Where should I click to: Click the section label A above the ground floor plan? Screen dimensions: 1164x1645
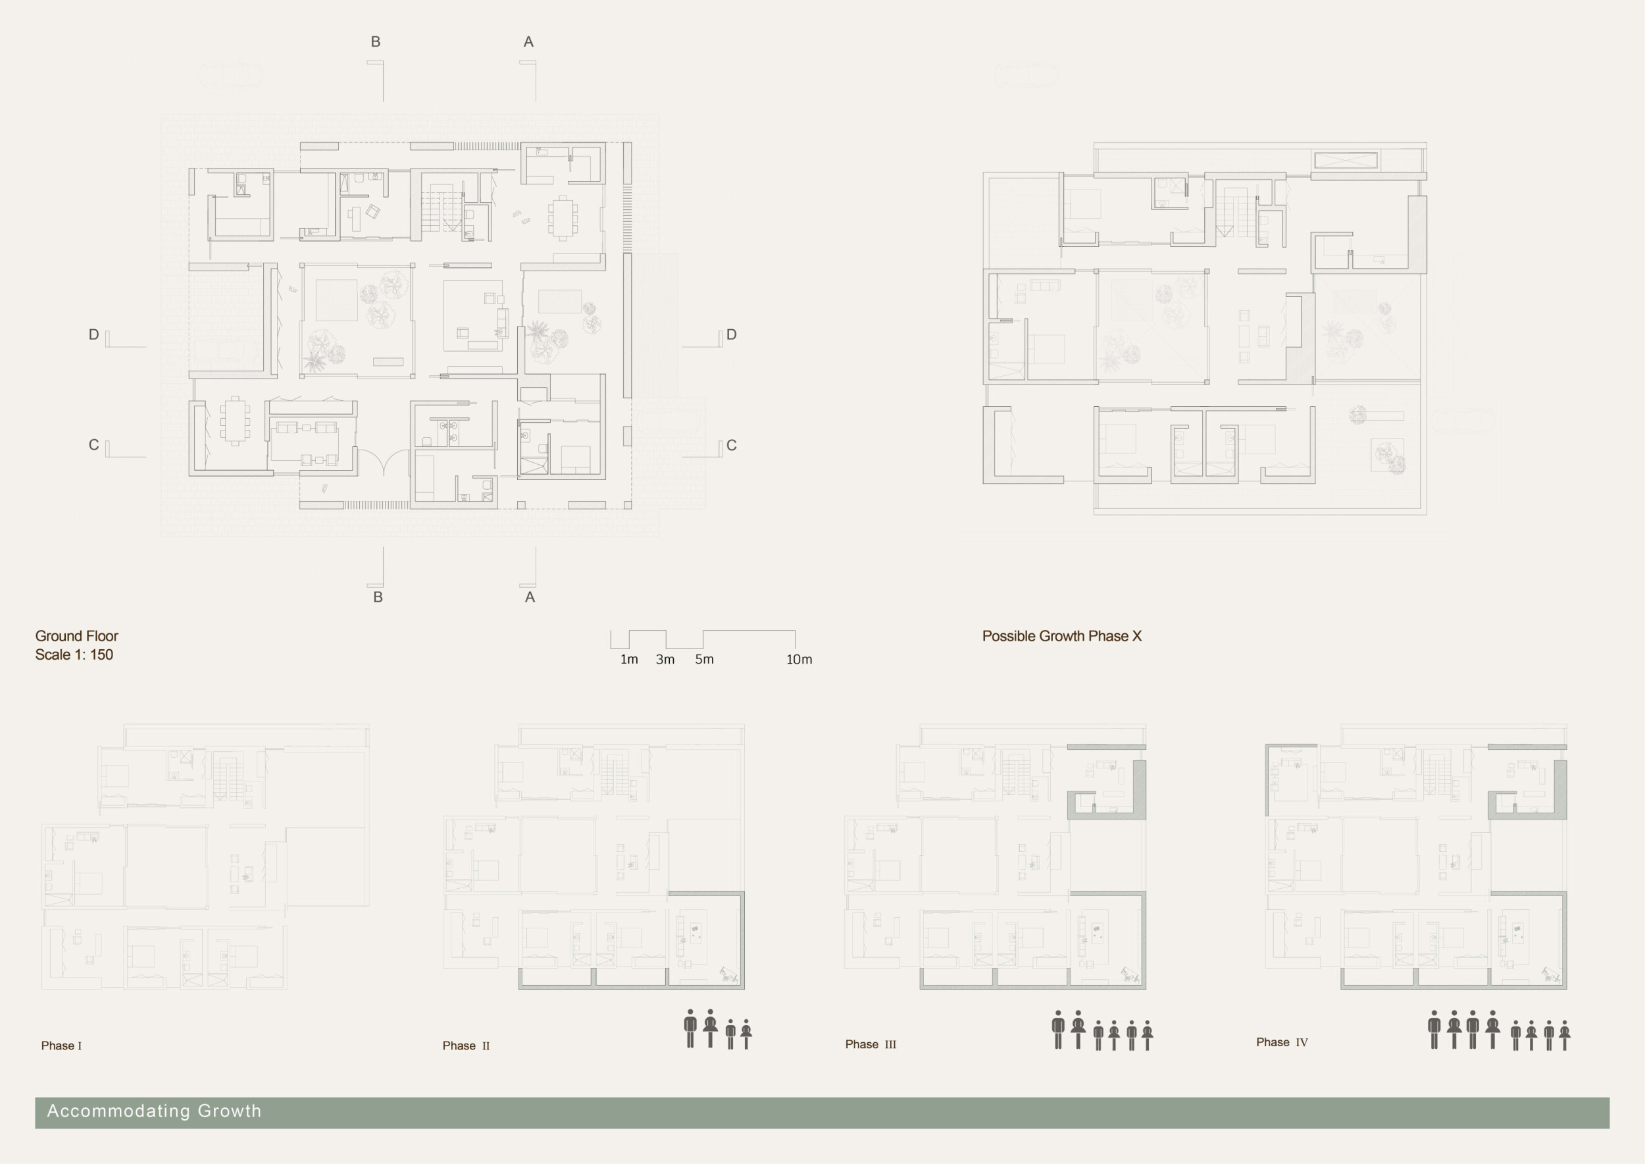pyautogui.click(x=528, y=42)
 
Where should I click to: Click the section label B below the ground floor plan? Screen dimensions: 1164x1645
pyautogui.click(x=378, y=597)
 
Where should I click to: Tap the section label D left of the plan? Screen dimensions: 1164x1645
pyautogui.click(x=94, y=334)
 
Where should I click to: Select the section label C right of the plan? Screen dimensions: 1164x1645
pyautogui.click(x=731, y=445)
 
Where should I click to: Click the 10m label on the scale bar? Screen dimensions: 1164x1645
pyautogui.click(x=799, y=660)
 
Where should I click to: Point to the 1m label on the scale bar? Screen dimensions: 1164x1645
pyautogui.click(x=629, y=660)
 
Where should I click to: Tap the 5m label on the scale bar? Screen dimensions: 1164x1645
pyautogui.click(x=704, y=660)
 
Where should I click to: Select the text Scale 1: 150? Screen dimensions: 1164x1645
pyautogui.click(x=74, y=654)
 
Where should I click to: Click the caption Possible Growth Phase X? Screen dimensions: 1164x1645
pyautogui.click(x=1061, y=636)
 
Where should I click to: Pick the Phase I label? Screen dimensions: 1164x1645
pyautogui.click(x=61, y=1045)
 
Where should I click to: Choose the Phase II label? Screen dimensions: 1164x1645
pyautogui.click(x=466, y=1045)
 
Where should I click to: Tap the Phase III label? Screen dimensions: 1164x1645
pyautogui.click(x=871, y=1044)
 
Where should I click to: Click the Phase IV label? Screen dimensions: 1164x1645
pyautogui.click(x=1282, y=1042)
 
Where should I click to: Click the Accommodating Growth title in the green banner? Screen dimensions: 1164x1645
pyautogui.click(x=154, y=1111)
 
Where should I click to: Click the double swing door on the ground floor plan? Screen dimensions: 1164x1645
pyautogui.click(x=384, y=462)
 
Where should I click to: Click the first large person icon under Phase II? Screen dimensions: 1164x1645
pyautogui.click(x=690, y=1029)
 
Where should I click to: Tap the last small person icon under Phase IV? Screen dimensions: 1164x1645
pyautogui.click(x=1565, y=1035)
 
